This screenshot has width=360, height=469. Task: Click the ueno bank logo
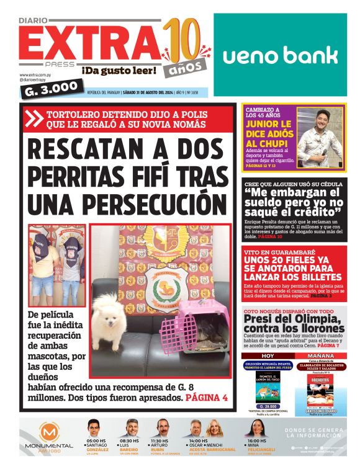click(280, 55)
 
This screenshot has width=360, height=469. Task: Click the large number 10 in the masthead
click(183, 39)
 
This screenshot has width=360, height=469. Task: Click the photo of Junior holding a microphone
click(320, 137)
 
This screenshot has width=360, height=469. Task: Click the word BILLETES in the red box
click(317, 277)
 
